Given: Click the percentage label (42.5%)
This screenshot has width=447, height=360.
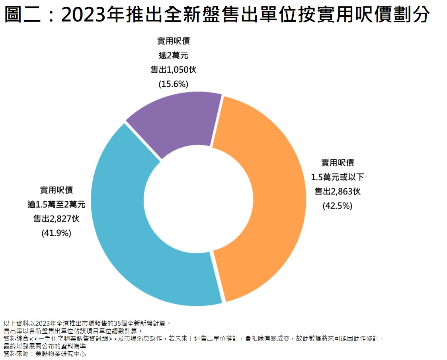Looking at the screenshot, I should pos(337,206).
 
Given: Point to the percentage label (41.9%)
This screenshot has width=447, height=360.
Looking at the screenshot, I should pos(56,233).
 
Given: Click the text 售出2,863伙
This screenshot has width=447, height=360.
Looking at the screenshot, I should pos(337,191).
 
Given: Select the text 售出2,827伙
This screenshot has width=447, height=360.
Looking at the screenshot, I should pos(56,219).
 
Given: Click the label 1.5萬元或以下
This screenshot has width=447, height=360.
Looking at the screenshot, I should pos(337,177).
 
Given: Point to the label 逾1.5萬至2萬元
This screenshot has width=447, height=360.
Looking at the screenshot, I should pos(56,204).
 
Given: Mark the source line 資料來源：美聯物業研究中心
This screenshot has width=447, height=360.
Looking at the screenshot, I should pos(45,354).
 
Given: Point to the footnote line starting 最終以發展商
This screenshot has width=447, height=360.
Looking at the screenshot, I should pos(45,346).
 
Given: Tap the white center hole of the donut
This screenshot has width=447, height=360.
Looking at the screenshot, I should pos(198,199).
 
